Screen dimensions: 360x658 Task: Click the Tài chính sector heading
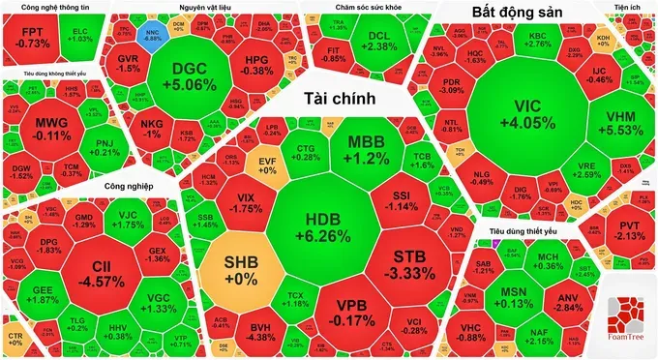pos(340,99)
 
